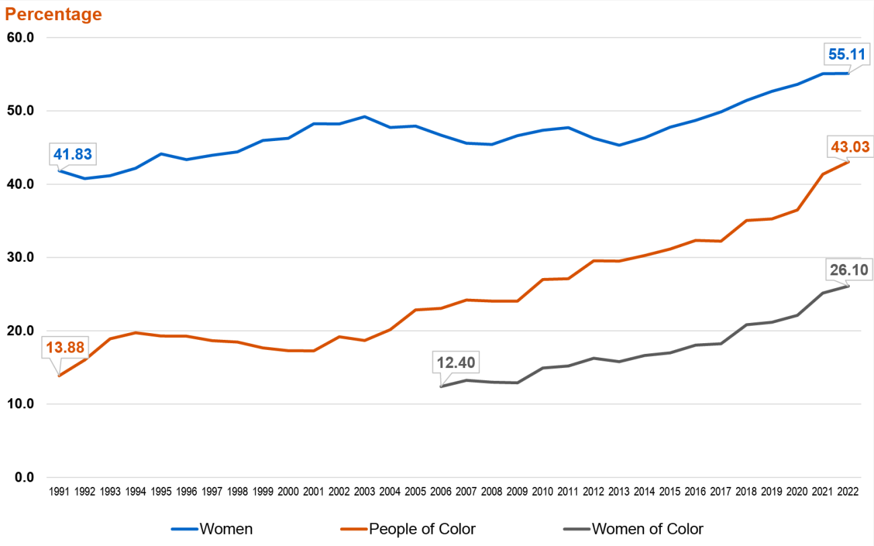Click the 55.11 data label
(847, 54)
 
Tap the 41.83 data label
(73, 154)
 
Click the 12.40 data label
(456, 363)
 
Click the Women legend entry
(212, 529)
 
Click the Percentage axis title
(54, 14)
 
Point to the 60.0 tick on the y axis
(20, 38)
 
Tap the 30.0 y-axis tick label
(20, 257)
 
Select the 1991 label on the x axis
(59, 492)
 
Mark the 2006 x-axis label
(440, 492)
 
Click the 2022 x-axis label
(847, 492)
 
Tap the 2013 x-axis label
(619, 492)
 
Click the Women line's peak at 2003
(364, 116)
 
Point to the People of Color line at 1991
(59, 375)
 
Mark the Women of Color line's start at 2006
(441, 386)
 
